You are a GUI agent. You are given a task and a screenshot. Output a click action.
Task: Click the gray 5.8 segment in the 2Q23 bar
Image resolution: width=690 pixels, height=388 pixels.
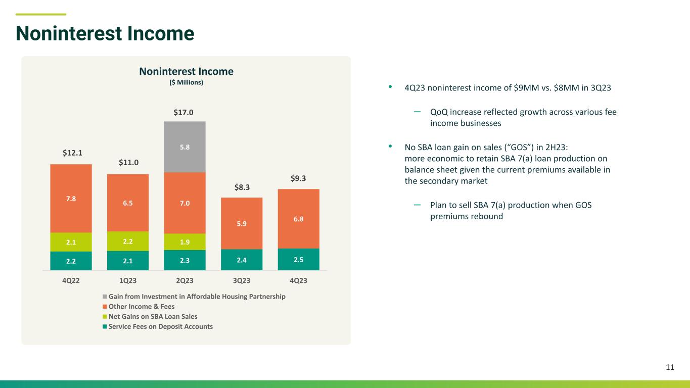185,147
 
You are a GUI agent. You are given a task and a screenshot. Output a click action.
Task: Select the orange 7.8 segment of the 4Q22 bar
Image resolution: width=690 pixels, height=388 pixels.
71,199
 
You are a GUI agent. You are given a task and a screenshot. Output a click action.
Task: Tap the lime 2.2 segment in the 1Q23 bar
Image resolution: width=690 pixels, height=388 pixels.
128,241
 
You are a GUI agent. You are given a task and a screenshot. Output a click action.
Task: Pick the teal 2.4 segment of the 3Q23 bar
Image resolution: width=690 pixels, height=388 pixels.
242,260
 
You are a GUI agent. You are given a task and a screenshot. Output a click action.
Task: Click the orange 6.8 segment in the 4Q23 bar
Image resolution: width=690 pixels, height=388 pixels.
298,219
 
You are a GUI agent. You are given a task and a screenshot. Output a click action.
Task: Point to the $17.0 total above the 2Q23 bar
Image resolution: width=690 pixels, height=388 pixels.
183,112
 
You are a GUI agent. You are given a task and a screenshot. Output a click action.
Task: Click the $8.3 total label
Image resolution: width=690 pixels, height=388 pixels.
242,187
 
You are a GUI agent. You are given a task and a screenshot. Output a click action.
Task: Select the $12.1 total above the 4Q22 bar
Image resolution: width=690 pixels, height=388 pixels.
72,153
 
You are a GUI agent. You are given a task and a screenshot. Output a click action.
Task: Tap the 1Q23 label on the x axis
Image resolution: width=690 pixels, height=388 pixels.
128,280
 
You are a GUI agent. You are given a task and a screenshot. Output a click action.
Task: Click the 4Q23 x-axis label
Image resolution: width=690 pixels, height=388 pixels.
298,280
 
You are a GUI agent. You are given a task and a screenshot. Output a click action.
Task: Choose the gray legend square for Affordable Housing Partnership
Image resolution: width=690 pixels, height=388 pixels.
105,297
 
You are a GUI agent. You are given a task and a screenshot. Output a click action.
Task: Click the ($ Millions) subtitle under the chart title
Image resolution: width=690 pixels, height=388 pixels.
187,82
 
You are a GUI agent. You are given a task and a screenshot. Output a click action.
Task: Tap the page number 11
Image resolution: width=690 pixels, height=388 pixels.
670,367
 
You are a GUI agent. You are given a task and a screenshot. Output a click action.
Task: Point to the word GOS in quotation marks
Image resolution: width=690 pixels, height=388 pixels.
519,147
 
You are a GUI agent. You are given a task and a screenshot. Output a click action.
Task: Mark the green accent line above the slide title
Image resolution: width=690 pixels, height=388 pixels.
40,14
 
